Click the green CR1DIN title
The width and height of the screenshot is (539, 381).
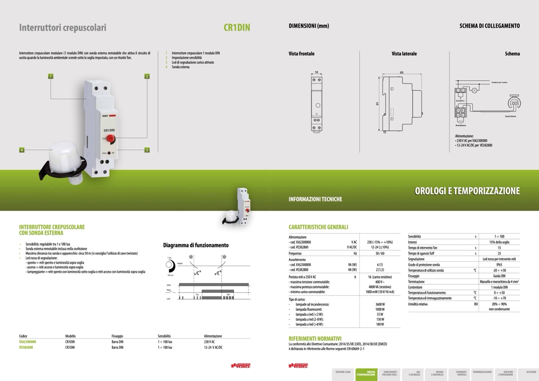[x=237, y=27]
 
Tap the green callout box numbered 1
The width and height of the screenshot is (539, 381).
[x=50, y=76]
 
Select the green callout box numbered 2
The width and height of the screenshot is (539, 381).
[x=147, y=76]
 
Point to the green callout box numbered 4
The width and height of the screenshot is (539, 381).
[x=22, y=150]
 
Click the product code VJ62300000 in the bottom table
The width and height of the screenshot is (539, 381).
[x=27, y=342]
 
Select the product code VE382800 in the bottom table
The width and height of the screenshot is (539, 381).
[x=26, y=347]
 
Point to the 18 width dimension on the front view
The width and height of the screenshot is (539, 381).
[x=316, y=72]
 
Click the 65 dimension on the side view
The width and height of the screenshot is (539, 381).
[x=402, y=72]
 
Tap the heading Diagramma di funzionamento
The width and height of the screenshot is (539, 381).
[x=196, y=245]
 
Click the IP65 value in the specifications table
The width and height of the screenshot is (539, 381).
[x=499, y=265]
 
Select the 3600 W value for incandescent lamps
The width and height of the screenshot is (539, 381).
[x=380, y=304]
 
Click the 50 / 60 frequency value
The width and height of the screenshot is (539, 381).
[x=380, y=253]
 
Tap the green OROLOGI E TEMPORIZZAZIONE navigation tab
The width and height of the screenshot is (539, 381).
[x=366, y=373]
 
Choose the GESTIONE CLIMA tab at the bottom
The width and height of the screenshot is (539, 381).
[x=343, y=372]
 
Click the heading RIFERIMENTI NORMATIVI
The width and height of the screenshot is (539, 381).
[x=315, y=338]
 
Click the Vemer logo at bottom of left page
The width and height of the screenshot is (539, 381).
[x=241, y=366]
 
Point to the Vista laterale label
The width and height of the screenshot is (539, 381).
[x=404, y=54]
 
